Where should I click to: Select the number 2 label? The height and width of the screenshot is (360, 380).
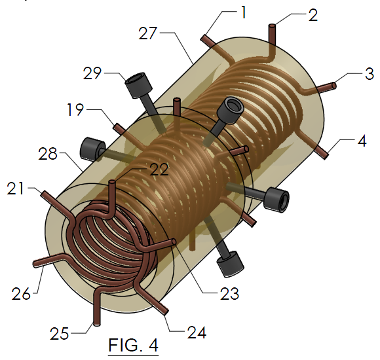[313, 14]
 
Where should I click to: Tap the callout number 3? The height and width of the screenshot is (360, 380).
[370, 73]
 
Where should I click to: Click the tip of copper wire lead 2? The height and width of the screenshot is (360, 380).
[272, 26]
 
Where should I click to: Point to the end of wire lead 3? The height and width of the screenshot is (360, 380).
[335, 84]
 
